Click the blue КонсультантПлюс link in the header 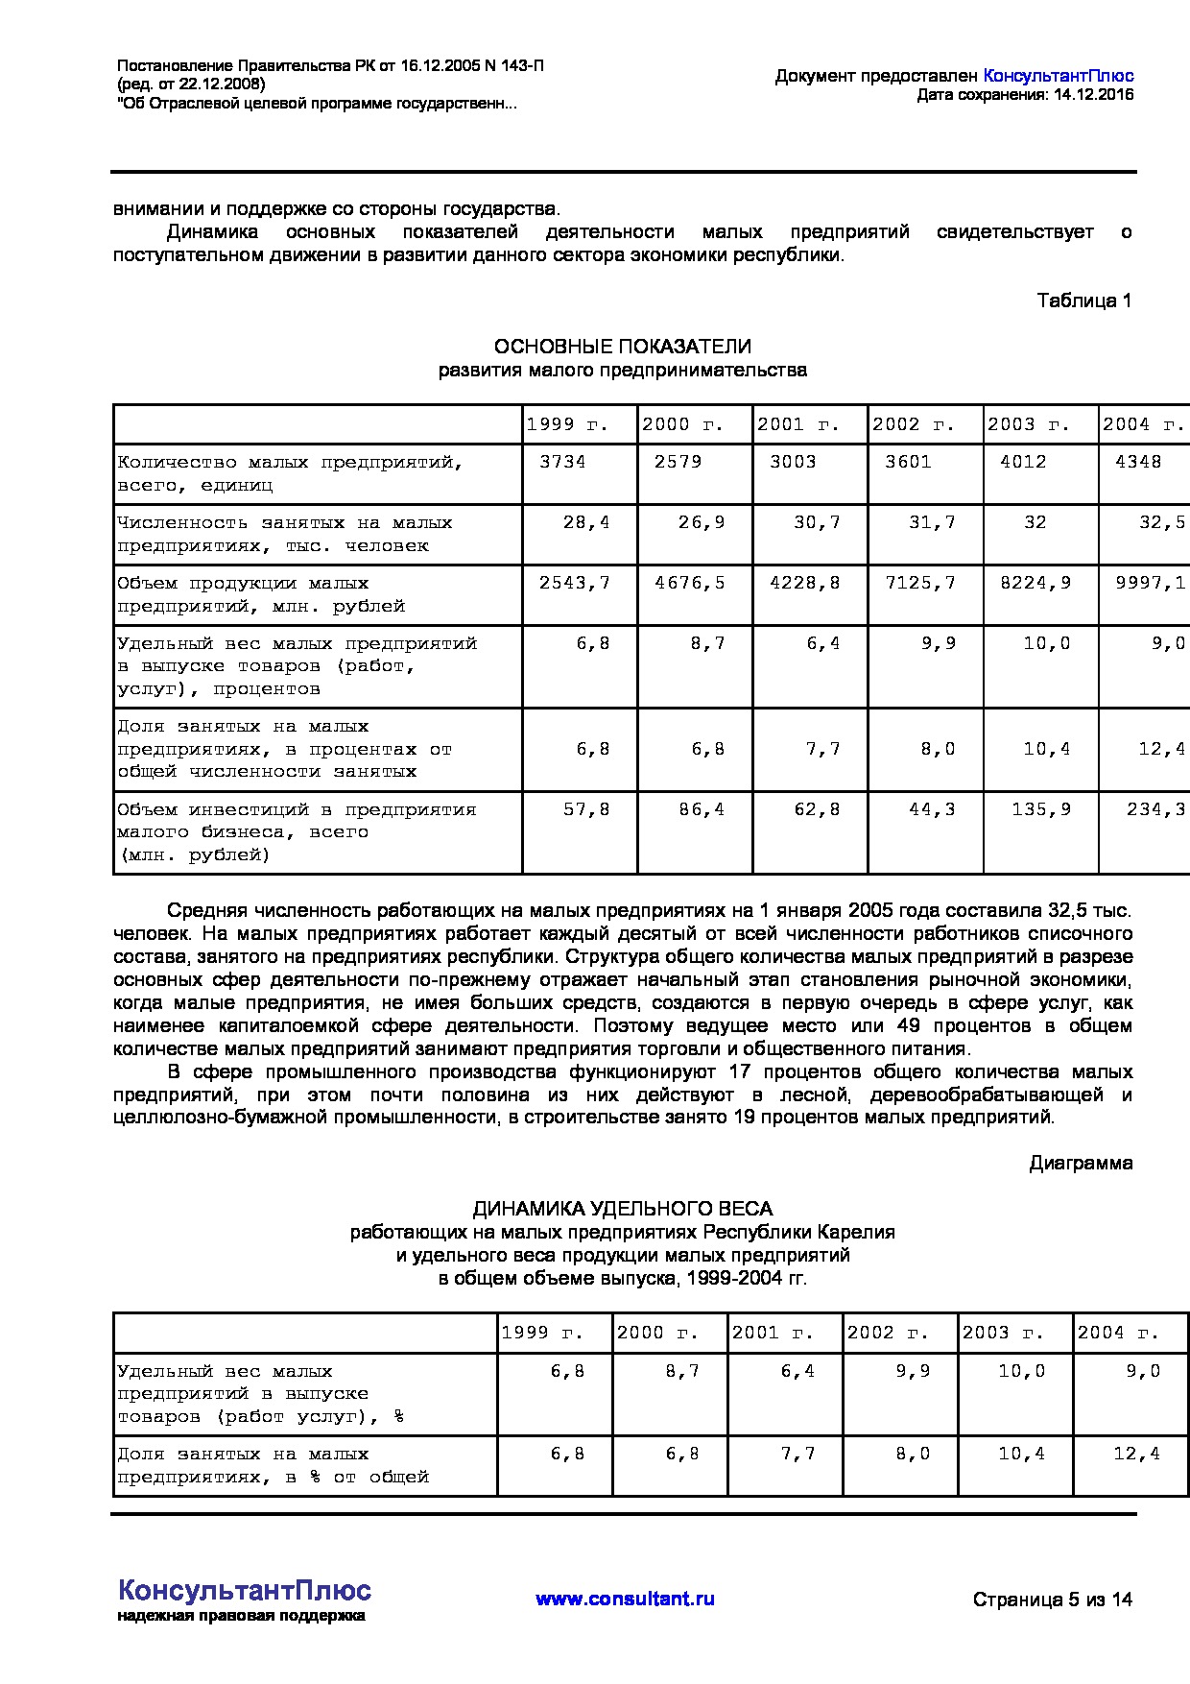click(1059, 76)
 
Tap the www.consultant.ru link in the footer click(625, 1599)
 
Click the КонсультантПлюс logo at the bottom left click(244, 1590)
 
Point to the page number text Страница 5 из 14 click(1052, 1600)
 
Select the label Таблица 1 click(1083, 301)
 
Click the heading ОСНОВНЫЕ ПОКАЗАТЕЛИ click(622, 347)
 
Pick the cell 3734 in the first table click(562, 462)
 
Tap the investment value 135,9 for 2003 click(1041, 809)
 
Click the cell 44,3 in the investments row click(932, 809)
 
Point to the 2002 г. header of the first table click(913, 424)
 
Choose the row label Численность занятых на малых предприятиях click(284, 534)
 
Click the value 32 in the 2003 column click(1035, 522)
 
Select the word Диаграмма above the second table click(1081, 1164)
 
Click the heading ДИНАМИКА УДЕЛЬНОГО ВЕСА click(622, 1209)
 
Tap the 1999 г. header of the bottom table click(542, 1333)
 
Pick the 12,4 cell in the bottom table click(1136, 1454)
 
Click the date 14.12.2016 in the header click(1093, 94)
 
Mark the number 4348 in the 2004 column click(1138, 462)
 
